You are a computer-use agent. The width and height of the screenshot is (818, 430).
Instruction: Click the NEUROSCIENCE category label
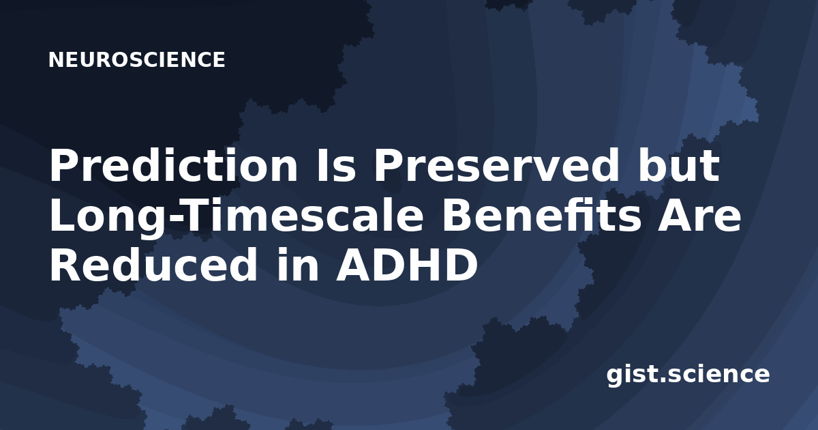coord(136,59)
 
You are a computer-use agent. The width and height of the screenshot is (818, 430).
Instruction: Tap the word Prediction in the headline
coord(173,166)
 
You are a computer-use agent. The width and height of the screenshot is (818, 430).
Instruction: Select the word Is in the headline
coord(335,166)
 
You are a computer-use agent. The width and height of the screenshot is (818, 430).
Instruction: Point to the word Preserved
coord(496,166)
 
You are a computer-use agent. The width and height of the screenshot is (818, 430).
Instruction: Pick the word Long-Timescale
coord(237,216)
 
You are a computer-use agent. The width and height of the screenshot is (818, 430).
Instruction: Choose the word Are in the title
coord(699,216)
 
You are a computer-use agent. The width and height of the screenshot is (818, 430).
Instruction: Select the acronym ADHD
coord(407,266)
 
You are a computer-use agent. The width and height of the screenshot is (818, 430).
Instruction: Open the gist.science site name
coord(688,375)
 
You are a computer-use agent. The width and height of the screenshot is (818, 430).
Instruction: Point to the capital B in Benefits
coord(457,216)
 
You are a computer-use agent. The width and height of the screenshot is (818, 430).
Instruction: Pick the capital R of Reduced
coord(64,266)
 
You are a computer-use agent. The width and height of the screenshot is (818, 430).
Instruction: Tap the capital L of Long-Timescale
coord(61,216)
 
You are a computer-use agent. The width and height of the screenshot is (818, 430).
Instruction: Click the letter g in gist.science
coord(615,377)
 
